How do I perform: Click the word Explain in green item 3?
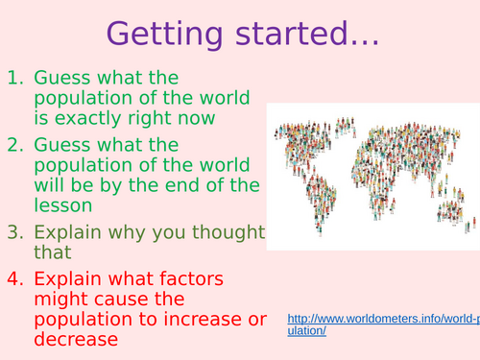pyautogui.click(x=66, y=232)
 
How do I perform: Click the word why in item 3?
pyautogui.click(x=126, y=232)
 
